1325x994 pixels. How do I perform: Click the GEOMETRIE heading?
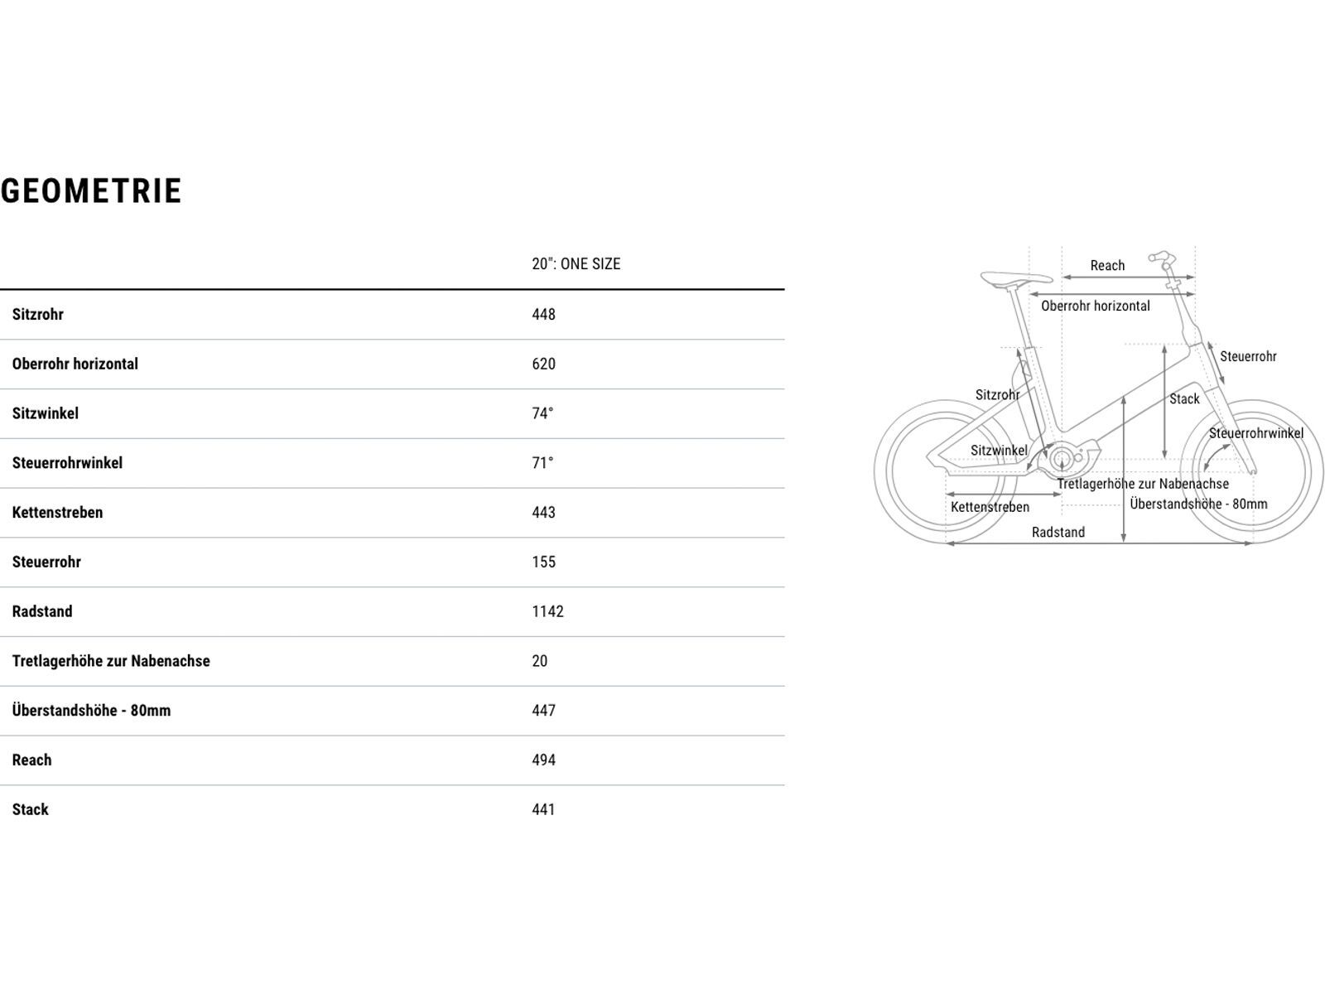pos(91,191)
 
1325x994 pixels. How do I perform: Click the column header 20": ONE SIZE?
pos(576,264)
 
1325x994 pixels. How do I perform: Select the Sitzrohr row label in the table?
pos(38,315)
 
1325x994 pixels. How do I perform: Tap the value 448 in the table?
pos(543,315)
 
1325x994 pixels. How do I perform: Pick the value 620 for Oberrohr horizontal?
pos(543,364)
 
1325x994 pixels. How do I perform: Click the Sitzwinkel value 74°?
pos(542,413)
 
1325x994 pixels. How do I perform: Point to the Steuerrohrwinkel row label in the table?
pos(67,463)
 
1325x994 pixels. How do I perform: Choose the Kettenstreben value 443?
pos(543,513)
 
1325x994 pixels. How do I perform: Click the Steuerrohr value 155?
pos(543,562)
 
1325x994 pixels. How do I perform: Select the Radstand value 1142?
pos(547,612)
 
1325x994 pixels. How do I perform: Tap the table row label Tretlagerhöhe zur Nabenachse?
pos(111,661)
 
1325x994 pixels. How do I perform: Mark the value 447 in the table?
pos(543,711)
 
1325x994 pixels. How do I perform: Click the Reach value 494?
pos(543,760)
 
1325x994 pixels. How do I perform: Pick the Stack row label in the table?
pos(31,810)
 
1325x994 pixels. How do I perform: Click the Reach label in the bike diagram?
pos(1107,266)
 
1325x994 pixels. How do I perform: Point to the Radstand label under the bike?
pos(1058,533)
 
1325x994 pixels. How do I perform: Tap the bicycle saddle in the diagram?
pos(1014,278)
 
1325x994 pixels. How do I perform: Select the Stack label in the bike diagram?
pos(1184,399)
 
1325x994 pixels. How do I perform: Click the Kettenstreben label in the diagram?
pos(990,507)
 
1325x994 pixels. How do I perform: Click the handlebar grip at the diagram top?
pos(1159,257)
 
